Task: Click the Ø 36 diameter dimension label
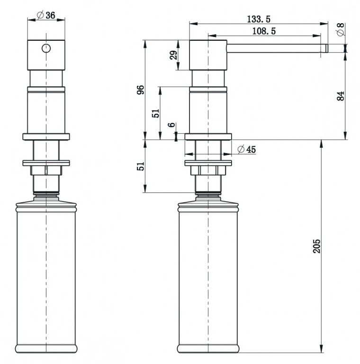click(46, 15)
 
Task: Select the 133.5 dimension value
click(259, 19)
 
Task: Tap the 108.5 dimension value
click(264, 31)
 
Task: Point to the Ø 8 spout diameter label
click(340, 29)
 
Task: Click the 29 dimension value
click(174, 55)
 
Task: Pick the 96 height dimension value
click(140, 90)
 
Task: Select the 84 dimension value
click(341, 96)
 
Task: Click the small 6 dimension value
click(171, 125)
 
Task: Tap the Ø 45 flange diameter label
click(247, 149)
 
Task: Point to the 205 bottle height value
click(316, 246)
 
